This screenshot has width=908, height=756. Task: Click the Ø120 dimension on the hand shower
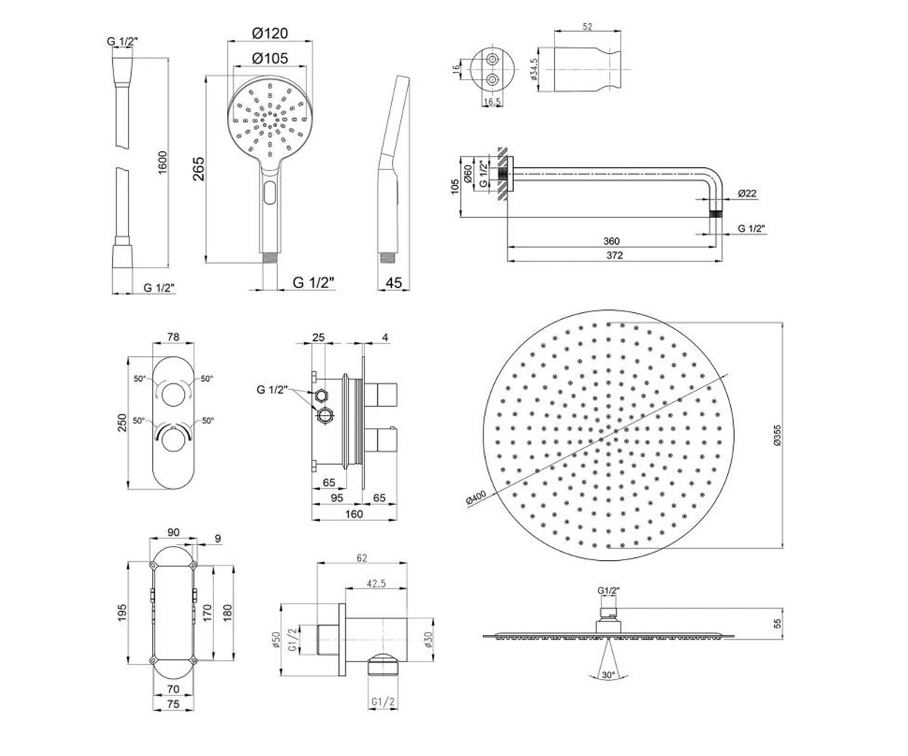[270, 33]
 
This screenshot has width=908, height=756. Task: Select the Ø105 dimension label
[270, 58]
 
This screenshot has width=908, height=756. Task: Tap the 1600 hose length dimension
[162, 163]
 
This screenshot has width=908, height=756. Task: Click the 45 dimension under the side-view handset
[393, 283]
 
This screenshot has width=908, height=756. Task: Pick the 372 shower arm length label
[614, 256]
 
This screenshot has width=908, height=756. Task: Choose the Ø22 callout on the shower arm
[747, 194]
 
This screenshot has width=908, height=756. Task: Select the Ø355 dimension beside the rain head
[778, 435]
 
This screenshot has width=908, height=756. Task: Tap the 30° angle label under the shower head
[608, 675]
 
